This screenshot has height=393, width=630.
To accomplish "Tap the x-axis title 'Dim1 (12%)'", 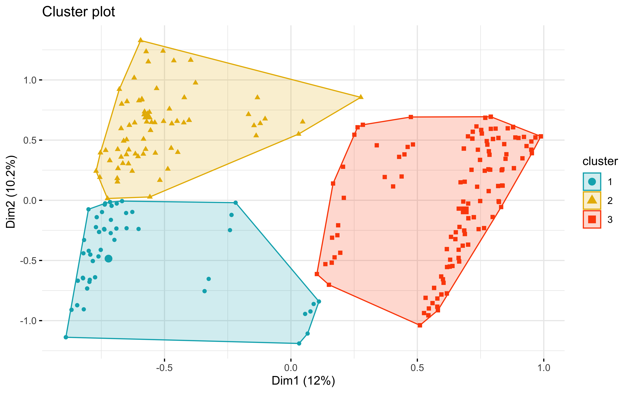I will pyautogui.click(x=303, y=381).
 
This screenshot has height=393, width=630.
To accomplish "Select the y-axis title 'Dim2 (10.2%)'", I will pyautogui.click(x=11, y=192).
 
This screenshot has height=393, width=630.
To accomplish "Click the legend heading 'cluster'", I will pyautogui.click(x=600, y=161).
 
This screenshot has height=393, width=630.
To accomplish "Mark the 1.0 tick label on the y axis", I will pyautogui.click(x=30, y=80).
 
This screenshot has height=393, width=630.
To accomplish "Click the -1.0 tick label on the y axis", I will pyautogui.click(x=29, y=321).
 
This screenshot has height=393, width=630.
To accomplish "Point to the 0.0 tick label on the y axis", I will pyautogui.click(x=30, y=200).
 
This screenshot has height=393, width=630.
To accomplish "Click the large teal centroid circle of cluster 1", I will pyautogui.click(x=109, y=259).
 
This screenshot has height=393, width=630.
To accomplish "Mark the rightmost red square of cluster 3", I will pyautogui.click(x=541, y=137).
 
